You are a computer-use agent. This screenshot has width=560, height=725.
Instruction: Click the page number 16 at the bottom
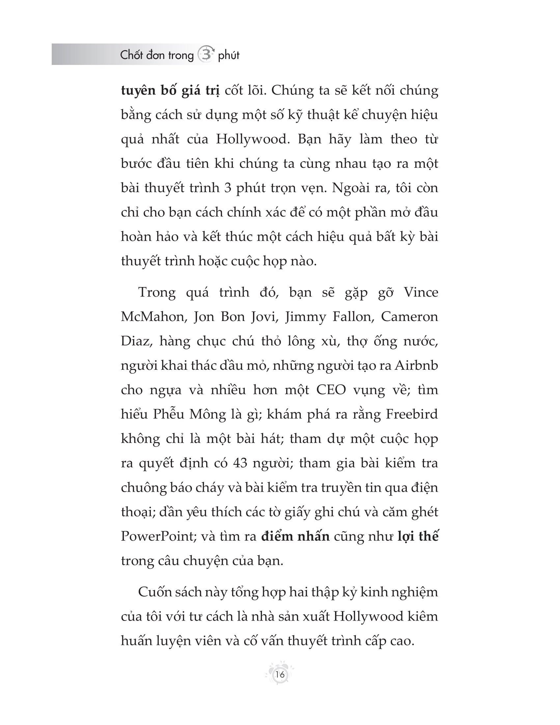(x=280, y=675)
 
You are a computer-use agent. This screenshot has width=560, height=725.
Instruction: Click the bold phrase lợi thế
(x=418, y=536)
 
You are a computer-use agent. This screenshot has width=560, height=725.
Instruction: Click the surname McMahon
(x=152, y=317)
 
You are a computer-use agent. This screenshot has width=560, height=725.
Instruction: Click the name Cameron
(x=409, y=317)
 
